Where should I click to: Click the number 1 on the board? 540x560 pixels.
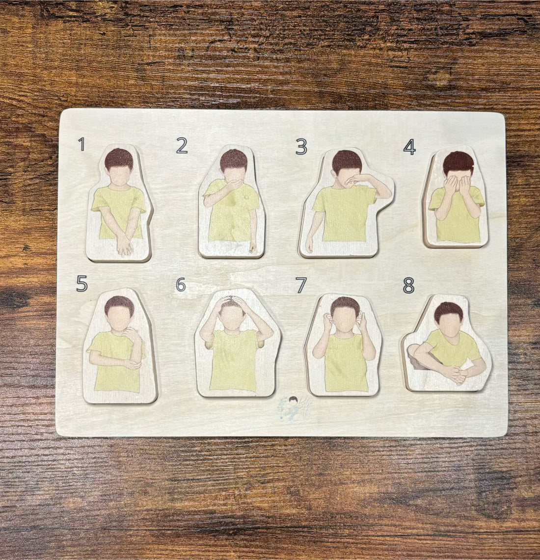coord(81,144)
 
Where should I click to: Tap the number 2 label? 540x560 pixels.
coord(182,145)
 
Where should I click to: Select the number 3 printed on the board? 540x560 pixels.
coord(301,146)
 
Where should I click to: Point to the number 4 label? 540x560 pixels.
coord(409,146)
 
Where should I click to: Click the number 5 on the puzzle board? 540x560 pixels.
coord(81,284)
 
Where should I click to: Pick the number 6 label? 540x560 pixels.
coord(181,284)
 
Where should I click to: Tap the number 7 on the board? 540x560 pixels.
coord(301,285)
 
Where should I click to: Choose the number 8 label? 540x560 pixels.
coord(408,285)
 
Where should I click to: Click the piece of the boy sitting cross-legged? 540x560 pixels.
coord(447,344)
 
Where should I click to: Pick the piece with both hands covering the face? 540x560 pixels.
coord(457,199)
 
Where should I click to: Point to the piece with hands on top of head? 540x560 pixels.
coord(237,344)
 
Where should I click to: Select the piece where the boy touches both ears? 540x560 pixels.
coord(344,346)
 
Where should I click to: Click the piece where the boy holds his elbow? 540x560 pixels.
coord(119,346)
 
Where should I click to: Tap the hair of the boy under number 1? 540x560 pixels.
coord(119,158)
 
